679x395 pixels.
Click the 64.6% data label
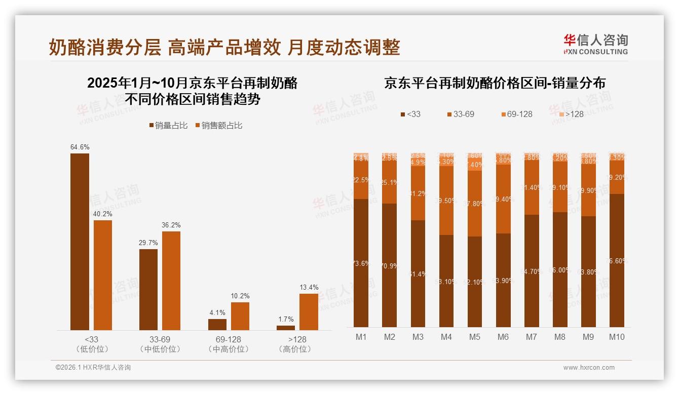[80, 147]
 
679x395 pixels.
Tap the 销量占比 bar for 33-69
[148, 289]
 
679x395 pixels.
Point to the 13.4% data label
[309, 288]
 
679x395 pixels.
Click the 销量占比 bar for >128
[286, 328]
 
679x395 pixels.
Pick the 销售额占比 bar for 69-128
[240, 316]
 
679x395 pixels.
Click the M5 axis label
[474, 337]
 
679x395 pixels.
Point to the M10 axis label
[616, 337]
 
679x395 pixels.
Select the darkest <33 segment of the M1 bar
[361, 263]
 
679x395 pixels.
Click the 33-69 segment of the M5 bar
[475, 204]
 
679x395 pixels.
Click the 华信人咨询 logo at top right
[595, 44]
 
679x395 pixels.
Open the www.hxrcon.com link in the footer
[589, 368]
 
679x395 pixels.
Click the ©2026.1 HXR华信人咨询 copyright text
[93, 368]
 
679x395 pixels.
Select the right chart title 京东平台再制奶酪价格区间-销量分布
[495, 84]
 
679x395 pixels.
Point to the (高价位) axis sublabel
[295, 349]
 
